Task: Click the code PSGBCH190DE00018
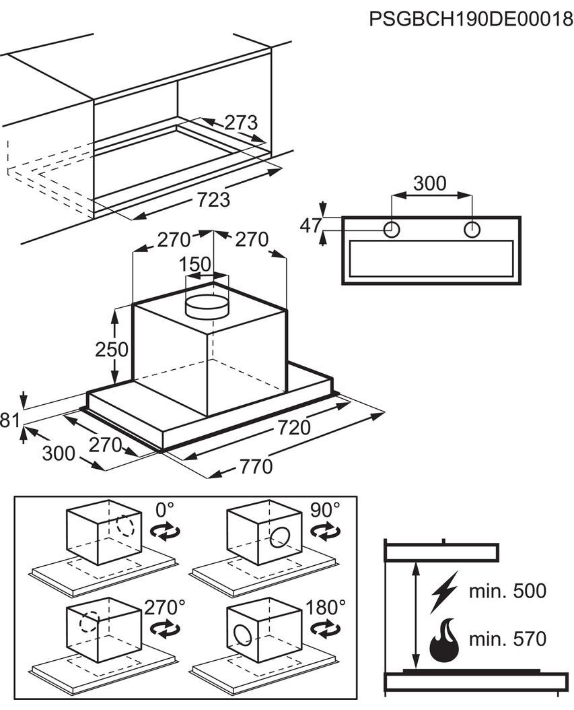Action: point(471,20)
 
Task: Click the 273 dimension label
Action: point(241,123)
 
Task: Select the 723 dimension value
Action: point(213,199)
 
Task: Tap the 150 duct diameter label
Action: point(195,265)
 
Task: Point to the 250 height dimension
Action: point(111,349)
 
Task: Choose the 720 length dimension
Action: point(294,428)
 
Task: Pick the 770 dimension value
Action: point(256,466)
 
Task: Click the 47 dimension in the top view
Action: point(311,226)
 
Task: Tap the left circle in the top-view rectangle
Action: point(392,230)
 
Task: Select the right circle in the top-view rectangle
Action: point(472,230)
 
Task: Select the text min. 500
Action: point(507,591)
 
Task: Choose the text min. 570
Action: point(507,639)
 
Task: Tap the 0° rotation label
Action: point(165,510)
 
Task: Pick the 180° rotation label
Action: point(326,607)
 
